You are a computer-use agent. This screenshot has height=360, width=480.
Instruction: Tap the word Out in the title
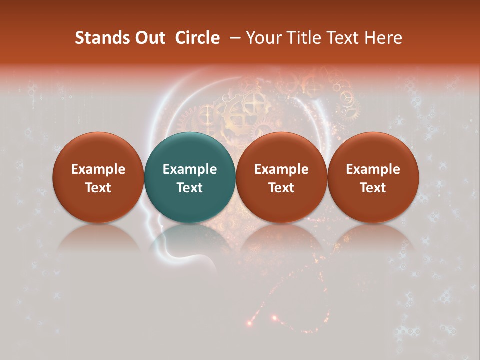click(x=149, y=38)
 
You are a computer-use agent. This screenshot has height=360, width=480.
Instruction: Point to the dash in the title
click(x=233, y=38)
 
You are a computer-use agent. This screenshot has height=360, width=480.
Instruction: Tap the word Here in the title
click(x=383, y=38)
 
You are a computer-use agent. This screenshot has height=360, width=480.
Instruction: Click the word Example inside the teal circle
click(x=190, y=169)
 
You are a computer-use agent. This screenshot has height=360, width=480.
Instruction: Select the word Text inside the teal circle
click(x=190, y=188)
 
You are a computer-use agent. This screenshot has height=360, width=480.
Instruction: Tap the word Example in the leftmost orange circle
click(x=98, y=169)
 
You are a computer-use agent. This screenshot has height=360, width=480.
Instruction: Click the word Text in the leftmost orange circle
click(x=98, y=188)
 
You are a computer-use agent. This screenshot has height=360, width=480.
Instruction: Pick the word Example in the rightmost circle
click(x=373, y=169)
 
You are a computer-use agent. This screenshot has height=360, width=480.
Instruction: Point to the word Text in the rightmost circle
click(x=373, y=188)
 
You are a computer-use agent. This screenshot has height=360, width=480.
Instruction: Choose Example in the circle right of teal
click(x=281, y=169)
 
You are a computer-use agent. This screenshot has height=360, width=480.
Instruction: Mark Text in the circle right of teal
click(x=281, y=188)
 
